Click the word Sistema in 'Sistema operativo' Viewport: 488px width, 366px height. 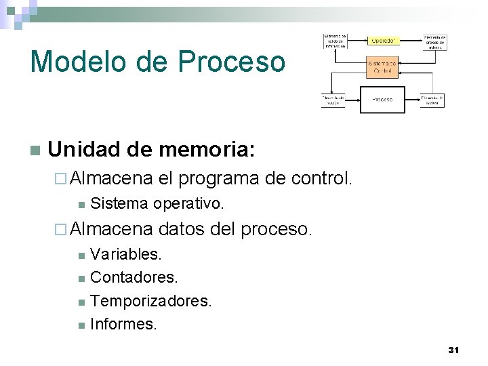tap(119, 203)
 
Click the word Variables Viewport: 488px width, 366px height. tap(126, 255)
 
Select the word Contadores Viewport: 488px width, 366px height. tap(134, 277)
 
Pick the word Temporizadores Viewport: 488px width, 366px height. tap(151, 300)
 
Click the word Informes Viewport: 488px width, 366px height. tap(123, 324)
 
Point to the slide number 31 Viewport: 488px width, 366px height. tap(453, 350)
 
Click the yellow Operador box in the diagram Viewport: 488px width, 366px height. tap(382, 41)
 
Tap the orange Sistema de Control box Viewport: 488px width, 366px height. tap(382, 67)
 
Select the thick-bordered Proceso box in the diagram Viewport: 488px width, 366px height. tap(382, 100)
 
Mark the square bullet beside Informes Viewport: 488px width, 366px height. tap(81, 325)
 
